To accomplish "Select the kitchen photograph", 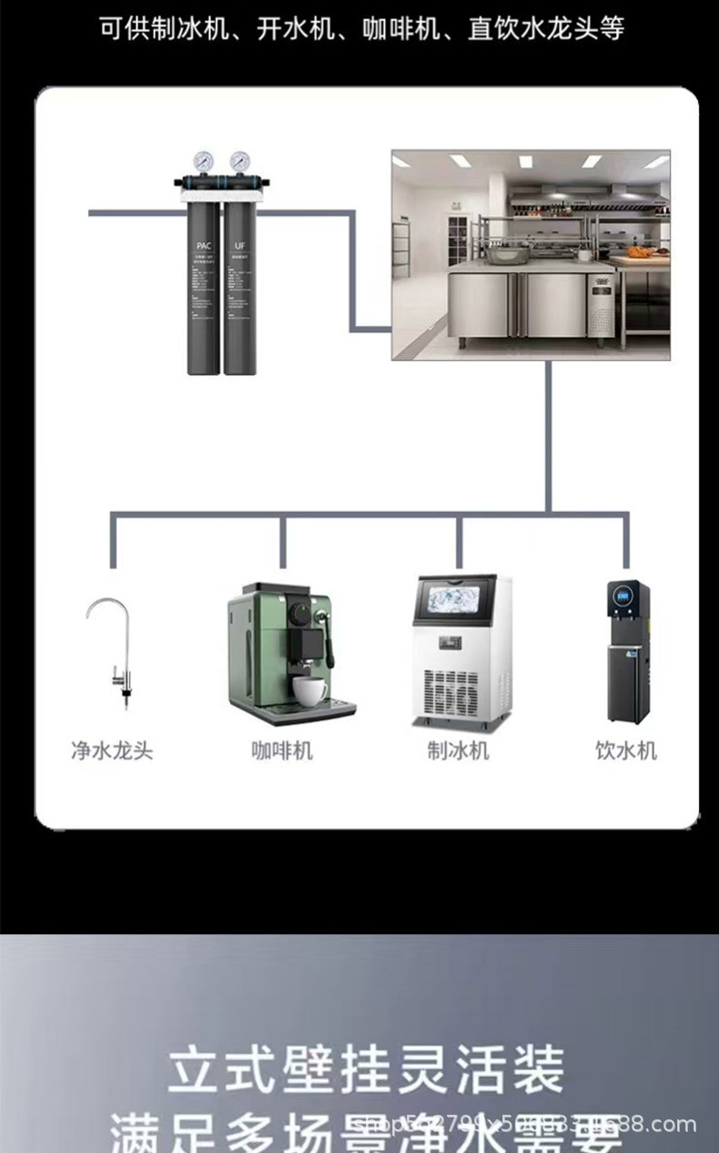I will tap(531, 255).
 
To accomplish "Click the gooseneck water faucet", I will tap(112, 651).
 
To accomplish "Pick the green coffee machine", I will tap(287, 651).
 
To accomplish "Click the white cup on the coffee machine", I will tap(310, 691).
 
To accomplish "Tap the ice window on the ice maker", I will tap(456, 604).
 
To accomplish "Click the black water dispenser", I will tap(627, 651).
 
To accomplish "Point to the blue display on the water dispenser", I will tap(624, 597).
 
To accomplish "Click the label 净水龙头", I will tap(112, 750).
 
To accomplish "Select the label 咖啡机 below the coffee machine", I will tap(282, 750).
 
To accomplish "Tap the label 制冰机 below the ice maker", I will tap(459, 750).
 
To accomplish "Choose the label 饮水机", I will tap(626, 750).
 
